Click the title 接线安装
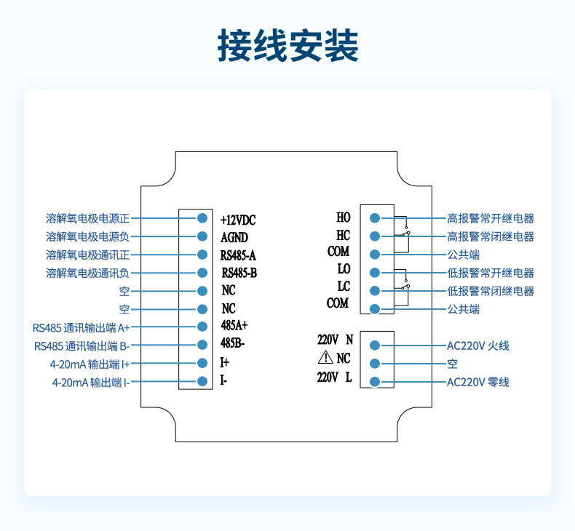[287, 45]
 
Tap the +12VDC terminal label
[238, 219]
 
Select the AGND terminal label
[234, 237]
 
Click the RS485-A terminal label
[238, 255]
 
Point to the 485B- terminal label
[233, 343]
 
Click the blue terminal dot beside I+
[203, 362]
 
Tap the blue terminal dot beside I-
[203, 381]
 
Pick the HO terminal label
[343, 217]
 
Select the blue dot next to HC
[375, 236]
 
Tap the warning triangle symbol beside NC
[325, 357]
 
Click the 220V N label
[336, 340]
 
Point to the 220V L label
[336, 377]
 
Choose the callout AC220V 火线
[477, 346]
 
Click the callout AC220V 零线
[477, 382]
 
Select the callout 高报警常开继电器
[490, 218]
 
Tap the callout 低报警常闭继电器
[490, 291]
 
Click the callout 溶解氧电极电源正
[87, 218]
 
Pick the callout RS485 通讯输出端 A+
[82, 327]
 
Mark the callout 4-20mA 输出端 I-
[90, 382]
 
